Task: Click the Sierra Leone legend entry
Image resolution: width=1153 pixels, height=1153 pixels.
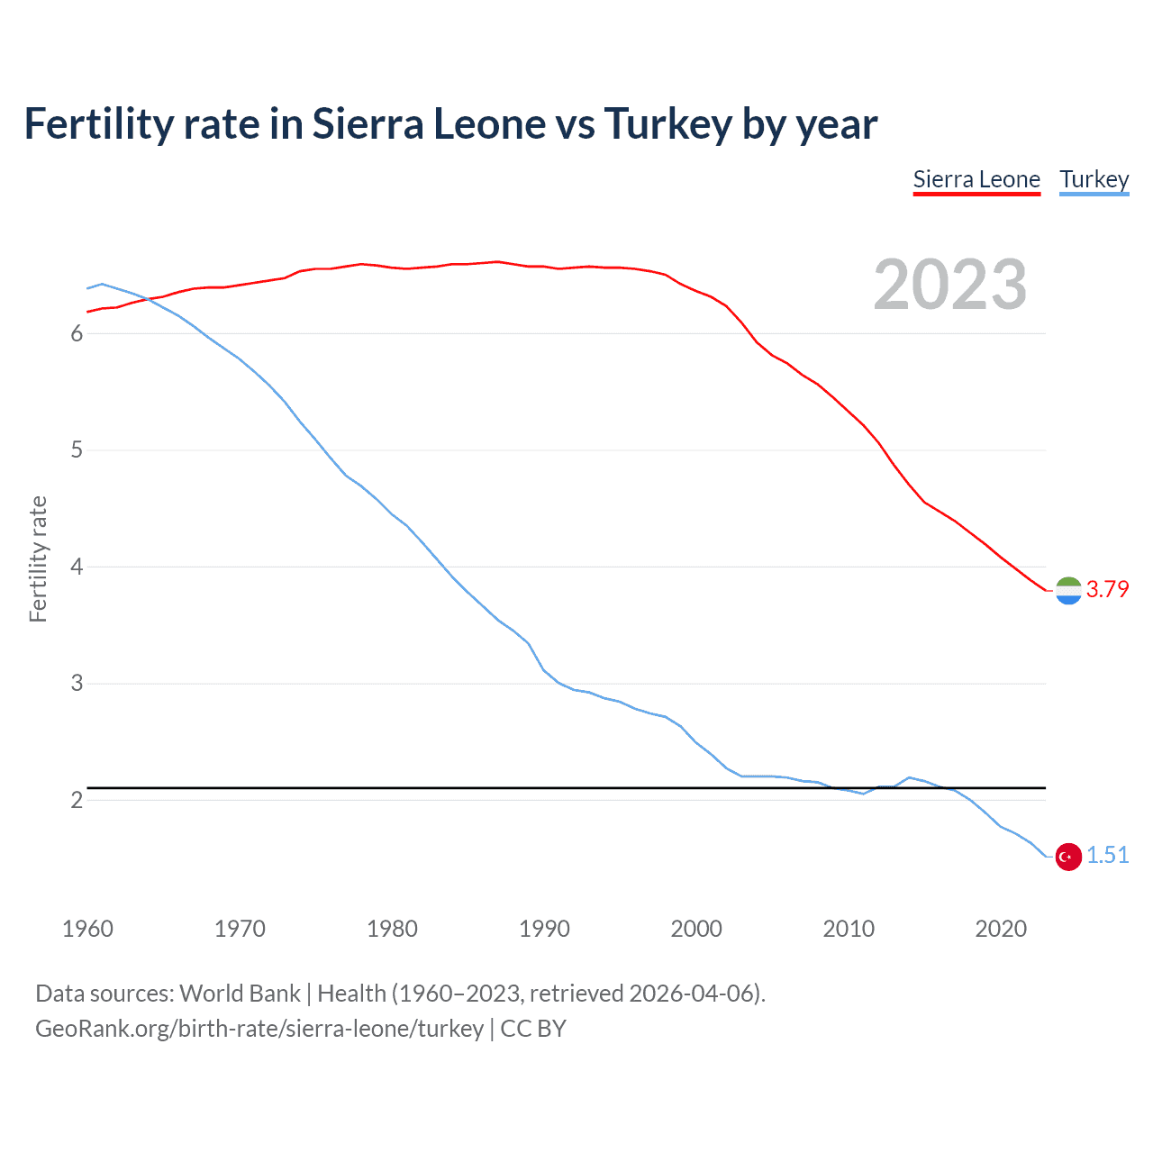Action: pyautogui.click(x=976, y=179)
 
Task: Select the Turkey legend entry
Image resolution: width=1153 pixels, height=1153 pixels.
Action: pyautogui.click(x=1094, y=179)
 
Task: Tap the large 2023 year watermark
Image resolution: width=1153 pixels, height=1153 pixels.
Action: pyautogui.click(x=949, y=285)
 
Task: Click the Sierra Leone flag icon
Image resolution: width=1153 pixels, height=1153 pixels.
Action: pyautogui.click(x=1068, y=590)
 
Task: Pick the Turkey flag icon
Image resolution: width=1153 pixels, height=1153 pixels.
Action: pyautogui.click(x=1068, y=857)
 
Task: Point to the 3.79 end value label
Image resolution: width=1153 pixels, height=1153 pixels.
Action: pyautogui.click(x=1107, y=589)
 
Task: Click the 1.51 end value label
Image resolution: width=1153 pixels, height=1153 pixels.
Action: pyautogui.click(x=1107, y=856)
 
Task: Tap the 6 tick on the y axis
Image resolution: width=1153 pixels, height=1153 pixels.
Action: pyautogui.click(x=77, y=334)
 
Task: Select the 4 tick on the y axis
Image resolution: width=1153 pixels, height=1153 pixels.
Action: pyautogui.click(x=77, y=567)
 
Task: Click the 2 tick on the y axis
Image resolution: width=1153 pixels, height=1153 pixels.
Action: pyautogui.click(x=77, y=801)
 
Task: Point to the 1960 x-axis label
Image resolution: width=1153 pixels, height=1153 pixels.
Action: pyautogui.click(x=87, y=929)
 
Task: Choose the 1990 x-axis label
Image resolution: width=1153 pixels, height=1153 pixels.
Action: pyautogui.click(x=544, y=929)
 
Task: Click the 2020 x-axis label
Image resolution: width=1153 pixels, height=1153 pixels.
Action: pyautogui.click(x=1001, y=929)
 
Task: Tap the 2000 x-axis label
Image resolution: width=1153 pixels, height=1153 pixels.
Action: pyautogui.click(x=696, y=929)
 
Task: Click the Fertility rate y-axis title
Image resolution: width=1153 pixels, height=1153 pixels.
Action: pyautogui.click(x=38, y=558)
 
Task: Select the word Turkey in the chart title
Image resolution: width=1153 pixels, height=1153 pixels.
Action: pyautogui.click(x=667, y=124)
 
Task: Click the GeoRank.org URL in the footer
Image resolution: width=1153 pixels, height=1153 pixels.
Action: pyautogui.click(x=259, y=1029)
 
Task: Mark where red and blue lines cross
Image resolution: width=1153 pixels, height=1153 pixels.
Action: pyautogui.click(x=147, y=299)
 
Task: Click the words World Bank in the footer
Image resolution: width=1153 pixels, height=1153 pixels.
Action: pyautogui.click(x=240, y=994)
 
